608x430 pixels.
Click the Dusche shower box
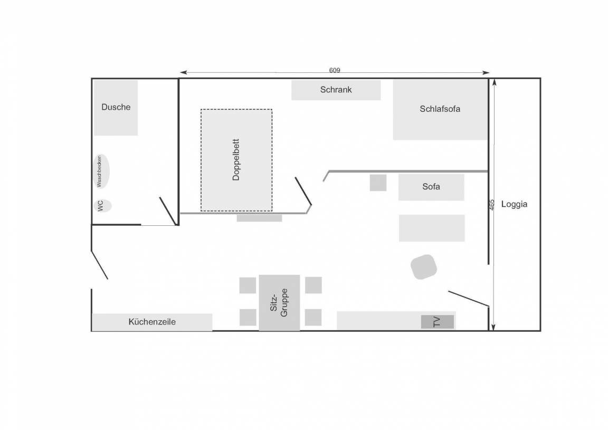[116, 108]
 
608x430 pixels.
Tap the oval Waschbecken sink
[101, 171]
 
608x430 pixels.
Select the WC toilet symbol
[102, 205]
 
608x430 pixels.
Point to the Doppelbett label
[236, 160]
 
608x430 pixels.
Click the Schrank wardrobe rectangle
[336, 90]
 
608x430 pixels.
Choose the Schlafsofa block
[440, 110]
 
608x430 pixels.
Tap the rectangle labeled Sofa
[431, 187]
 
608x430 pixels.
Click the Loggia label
[514, 204]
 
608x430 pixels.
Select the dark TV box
[438, 322]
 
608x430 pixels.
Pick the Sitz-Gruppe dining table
[279, 303]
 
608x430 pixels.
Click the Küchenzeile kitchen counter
[152, 322]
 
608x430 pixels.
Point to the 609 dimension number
[335, 70]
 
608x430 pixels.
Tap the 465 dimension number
[492, 205]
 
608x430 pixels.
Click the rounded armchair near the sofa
[424, 267]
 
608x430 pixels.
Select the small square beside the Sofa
[378, 183]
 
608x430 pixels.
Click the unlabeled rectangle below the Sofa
[432, 228]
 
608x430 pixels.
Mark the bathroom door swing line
[168, 211]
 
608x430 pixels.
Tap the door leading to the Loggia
[469, 299]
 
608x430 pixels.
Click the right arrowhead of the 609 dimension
[486, 72]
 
